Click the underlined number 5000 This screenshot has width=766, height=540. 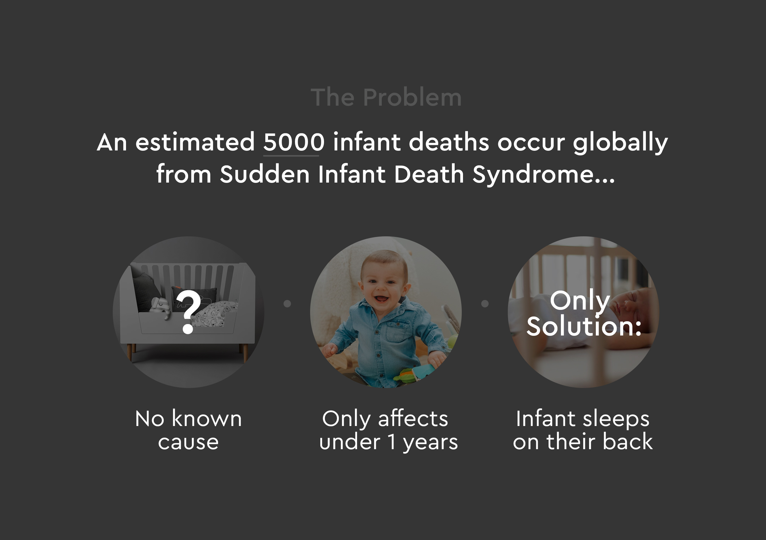click(x=294, y=142)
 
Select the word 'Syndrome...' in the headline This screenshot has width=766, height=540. click(x=544, y=175)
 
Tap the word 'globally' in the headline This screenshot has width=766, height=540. click(x=620, y=142)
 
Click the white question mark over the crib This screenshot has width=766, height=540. click(x=189, y=312)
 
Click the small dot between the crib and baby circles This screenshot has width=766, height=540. click(x=287, y=304)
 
